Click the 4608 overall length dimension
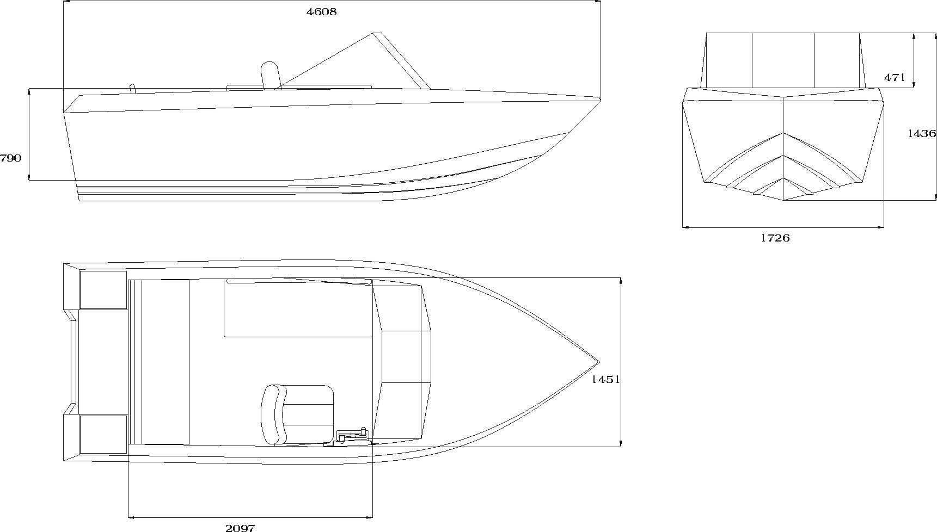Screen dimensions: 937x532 (322, 11)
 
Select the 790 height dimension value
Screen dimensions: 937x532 (11, 158)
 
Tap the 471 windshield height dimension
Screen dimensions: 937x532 (894, 78)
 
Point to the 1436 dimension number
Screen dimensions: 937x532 (922, 133)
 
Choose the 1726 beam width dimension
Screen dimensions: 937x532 (775, 238)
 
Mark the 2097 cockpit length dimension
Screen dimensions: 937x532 (240, 527)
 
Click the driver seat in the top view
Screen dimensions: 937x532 (297, 415)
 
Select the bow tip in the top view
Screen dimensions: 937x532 (599, 362)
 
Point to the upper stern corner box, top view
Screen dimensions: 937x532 (103, 289)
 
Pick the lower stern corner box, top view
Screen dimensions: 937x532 (103, 434)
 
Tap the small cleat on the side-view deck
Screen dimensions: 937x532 (132, 89)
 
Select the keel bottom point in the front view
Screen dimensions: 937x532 (783, 200)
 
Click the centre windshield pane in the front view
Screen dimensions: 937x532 (783, 60)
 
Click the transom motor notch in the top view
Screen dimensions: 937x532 (71, 362)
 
